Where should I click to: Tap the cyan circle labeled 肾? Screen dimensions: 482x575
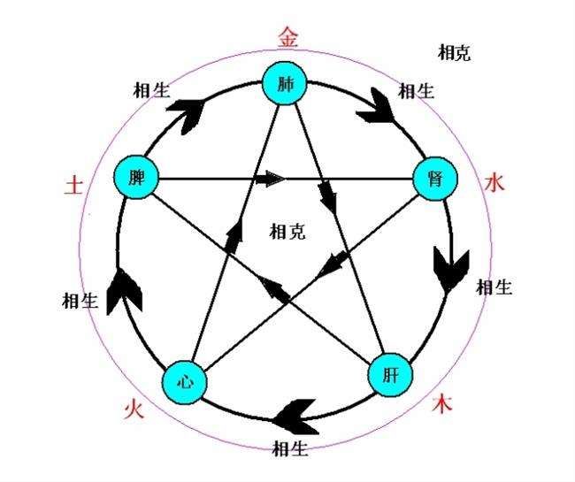436,179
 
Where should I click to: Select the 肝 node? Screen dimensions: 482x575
390,375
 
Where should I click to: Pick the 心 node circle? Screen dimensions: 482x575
185,382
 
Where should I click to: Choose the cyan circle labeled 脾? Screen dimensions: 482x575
135,178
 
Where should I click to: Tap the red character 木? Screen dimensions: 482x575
442,406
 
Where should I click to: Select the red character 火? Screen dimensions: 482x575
133,409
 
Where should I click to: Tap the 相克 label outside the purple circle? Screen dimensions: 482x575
454,52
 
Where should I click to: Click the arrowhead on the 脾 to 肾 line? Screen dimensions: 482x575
271,180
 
